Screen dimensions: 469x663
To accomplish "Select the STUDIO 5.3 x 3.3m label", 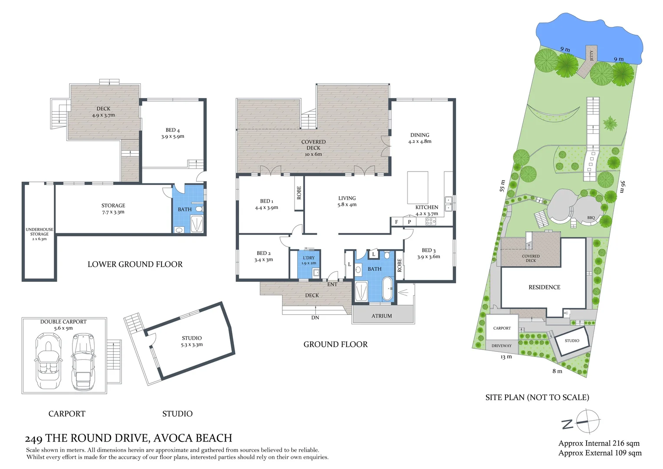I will pos(192,341).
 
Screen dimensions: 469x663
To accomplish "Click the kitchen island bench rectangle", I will pos(417,187).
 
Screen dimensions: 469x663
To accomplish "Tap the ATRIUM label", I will pos(381,316).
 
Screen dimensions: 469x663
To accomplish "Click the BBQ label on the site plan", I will pos(591,218).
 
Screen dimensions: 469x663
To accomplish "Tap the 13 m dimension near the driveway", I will pos(506,357).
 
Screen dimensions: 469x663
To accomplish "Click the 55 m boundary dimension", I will pos(502,186).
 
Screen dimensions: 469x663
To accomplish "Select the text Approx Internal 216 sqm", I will pos(599,443).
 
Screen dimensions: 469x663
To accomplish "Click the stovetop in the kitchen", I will pos(430,221).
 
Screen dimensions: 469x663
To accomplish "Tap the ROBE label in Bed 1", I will pos(299,193).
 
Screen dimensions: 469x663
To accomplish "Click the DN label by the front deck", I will pos(315,317).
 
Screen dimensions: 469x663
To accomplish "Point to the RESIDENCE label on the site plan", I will pos(544,287).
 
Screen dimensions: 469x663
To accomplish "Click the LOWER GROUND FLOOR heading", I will pos(135,264).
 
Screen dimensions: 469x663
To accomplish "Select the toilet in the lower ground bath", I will pos(200,209).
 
